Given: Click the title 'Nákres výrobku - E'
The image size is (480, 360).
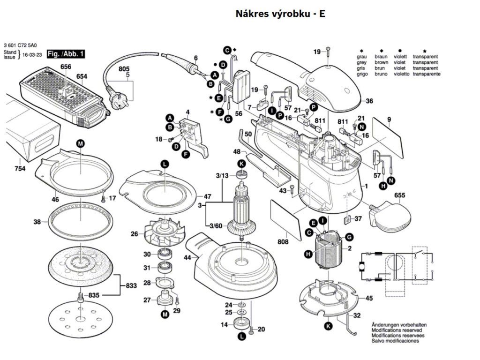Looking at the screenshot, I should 280,14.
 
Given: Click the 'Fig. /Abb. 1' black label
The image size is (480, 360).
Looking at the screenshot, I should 66,55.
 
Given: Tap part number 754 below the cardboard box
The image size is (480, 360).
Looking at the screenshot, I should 20,168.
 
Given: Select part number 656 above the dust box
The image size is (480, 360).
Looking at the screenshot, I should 66,67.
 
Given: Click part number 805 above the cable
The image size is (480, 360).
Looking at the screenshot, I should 124,69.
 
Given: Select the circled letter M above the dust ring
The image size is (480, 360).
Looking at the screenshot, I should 80,144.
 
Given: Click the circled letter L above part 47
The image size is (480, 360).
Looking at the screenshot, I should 165,164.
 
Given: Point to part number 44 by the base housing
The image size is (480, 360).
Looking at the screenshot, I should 188,258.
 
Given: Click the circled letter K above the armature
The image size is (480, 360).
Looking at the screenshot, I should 241,164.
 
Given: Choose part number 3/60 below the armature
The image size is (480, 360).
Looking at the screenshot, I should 216,226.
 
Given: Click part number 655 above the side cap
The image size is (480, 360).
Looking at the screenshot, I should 400,195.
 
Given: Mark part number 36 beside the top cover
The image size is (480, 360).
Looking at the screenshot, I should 369,101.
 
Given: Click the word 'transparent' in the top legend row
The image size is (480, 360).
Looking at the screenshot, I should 425,56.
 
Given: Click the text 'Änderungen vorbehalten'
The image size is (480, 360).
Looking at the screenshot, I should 399,325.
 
